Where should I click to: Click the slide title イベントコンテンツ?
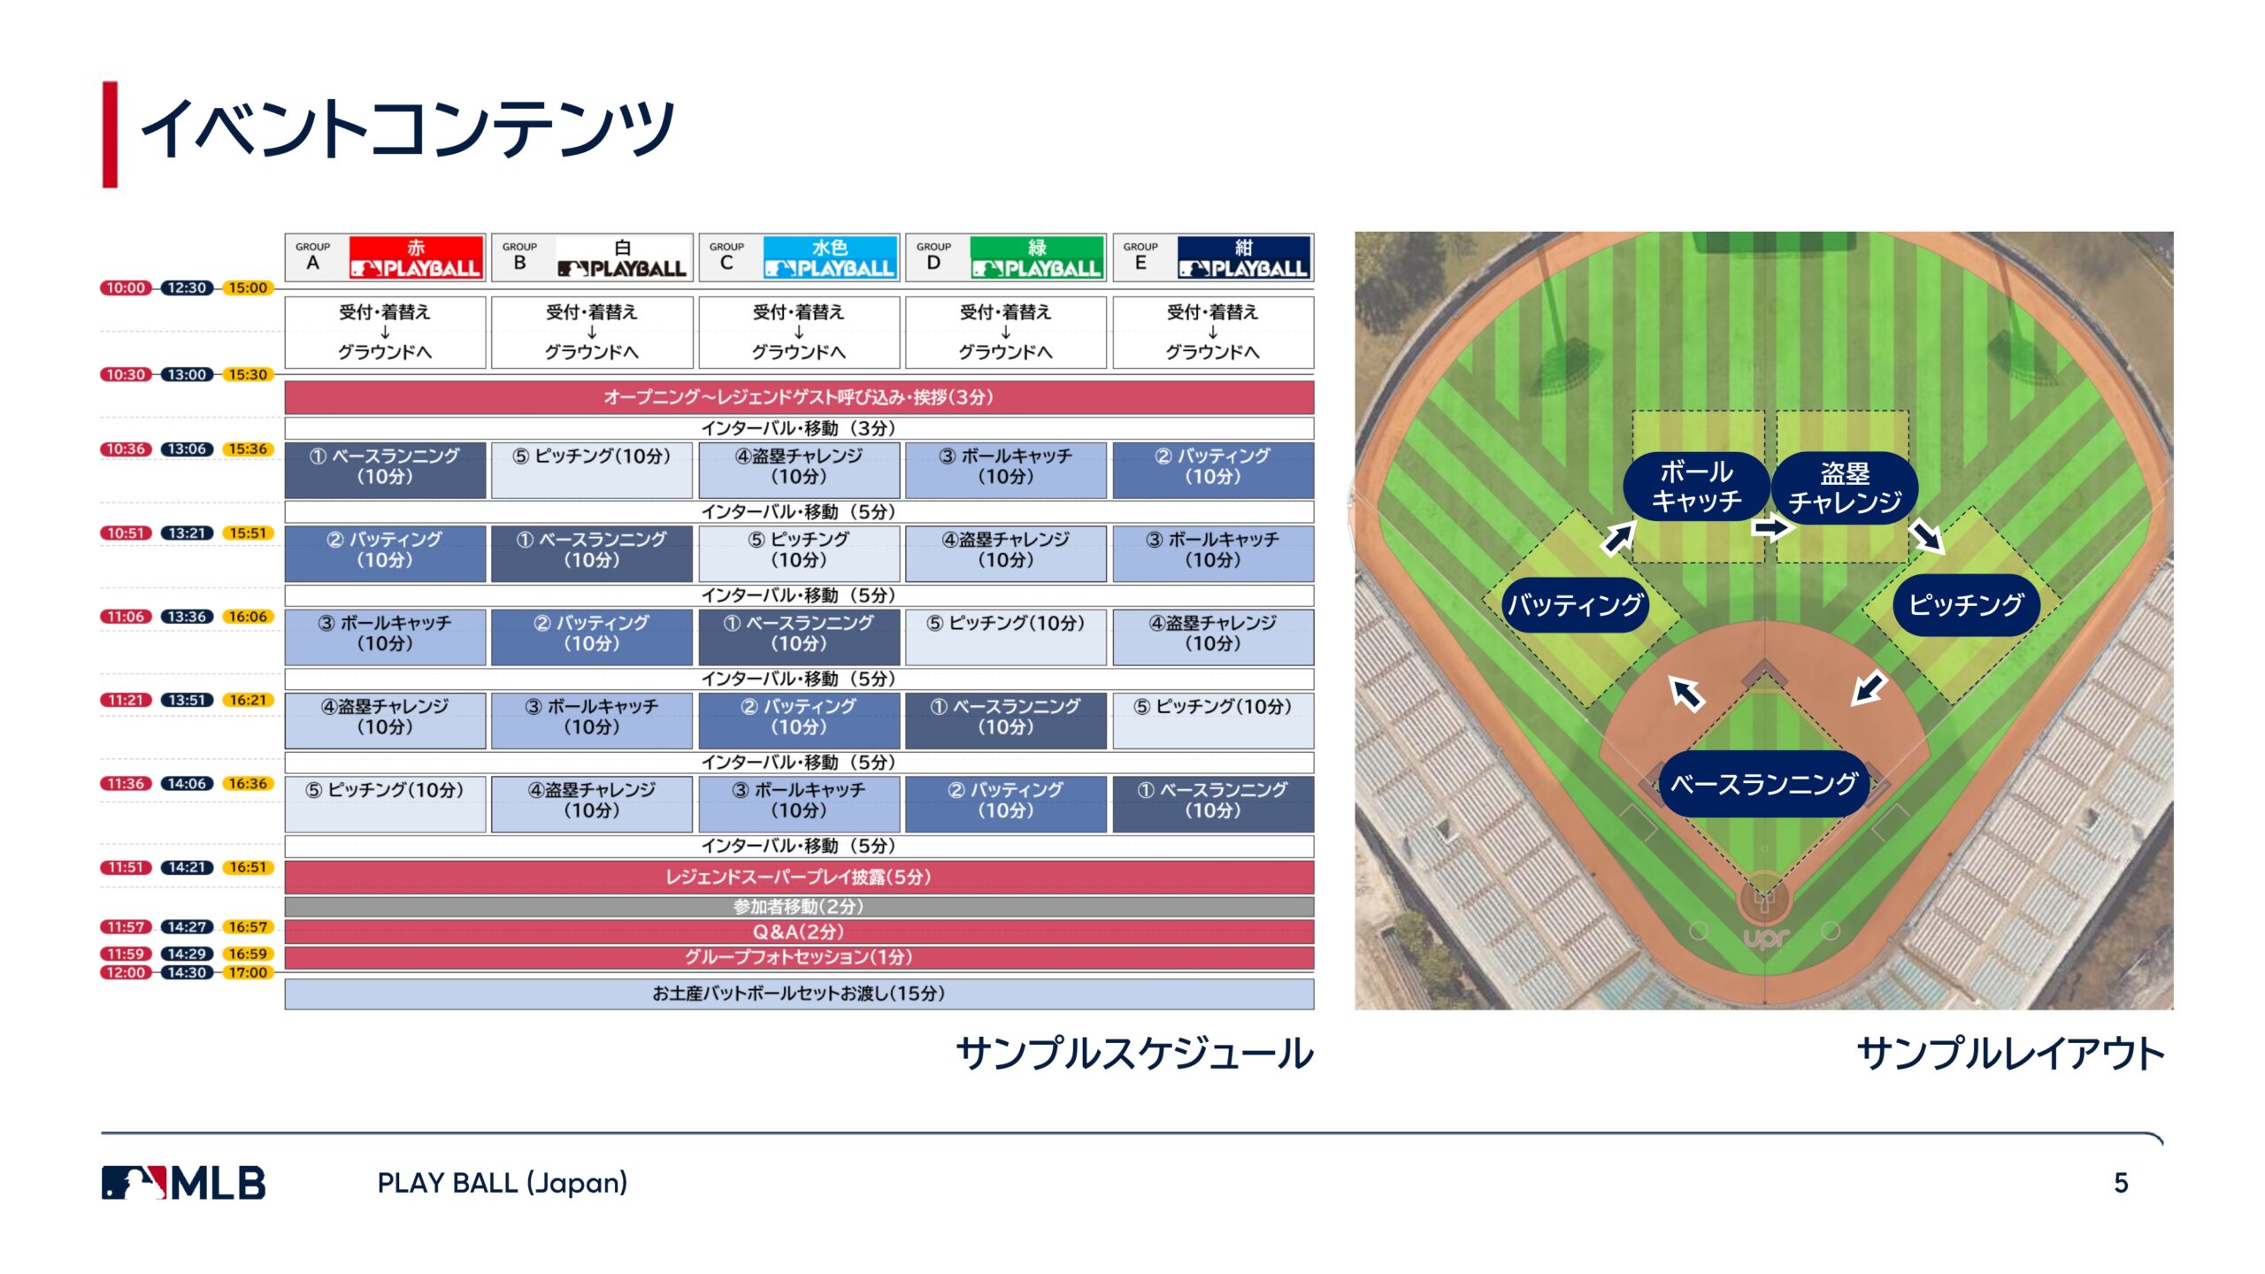(408, 129)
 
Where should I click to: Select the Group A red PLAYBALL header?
(416, 257)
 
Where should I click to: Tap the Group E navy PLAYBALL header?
(1244, 257)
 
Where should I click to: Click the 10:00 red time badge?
(126, 288)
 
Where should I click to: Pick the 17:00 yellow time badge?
(248, 972)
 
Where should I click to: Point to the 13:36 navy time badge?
(187, 617)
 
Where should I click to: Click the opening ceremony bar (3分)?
(799, 397)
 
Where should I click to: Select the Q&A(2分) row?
(799, 932)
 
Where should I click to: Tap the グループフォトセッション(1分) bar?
(799, 957)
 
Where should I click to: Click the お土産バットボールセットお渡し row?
(799, 994)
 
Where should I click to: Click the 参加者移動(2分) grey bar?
(799, 907)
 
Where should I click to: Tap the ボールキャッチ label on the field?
(1696, 487)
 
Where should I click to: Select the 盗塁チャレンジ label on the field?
(1845, 487)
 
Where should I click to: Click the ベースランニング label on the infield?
(1763, 784)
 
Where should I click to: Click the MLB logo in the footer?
(183, 1183)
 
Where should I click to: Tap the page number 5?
(2121, 1183)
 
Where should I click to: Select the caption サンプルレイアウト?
(2010, 1054)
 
